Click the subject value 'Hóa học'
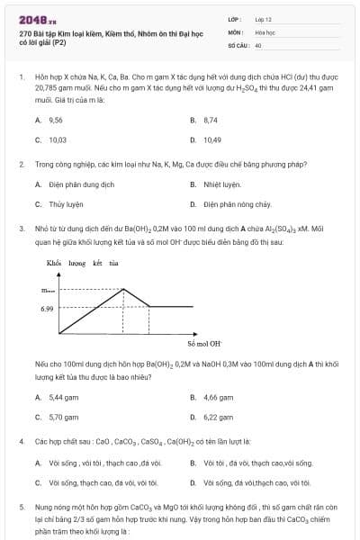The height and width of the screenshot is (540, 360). pyautogui.click(x=265, y=31)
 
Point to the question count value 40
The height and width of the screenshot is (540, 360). pyautogui.click(x=258, y=44)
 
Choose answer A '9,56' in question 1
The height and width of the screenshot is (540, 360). pyautogui.click(x=55, y=120)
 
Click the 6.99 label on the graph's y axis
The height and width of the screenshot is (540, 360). pyautogui.click(x=47, y=308)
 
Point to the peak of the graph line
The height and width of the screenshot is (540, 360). pyautogui.click(x=123, y=289)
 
